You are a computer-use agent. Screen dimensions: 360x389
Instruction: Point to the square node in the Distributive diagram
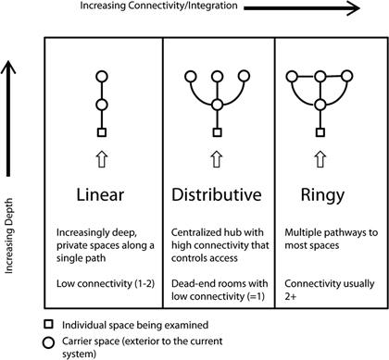(x=218, y=133)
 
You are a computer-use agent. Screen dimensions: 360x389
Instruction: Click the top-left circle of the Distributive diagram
(x=189, y=76)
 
